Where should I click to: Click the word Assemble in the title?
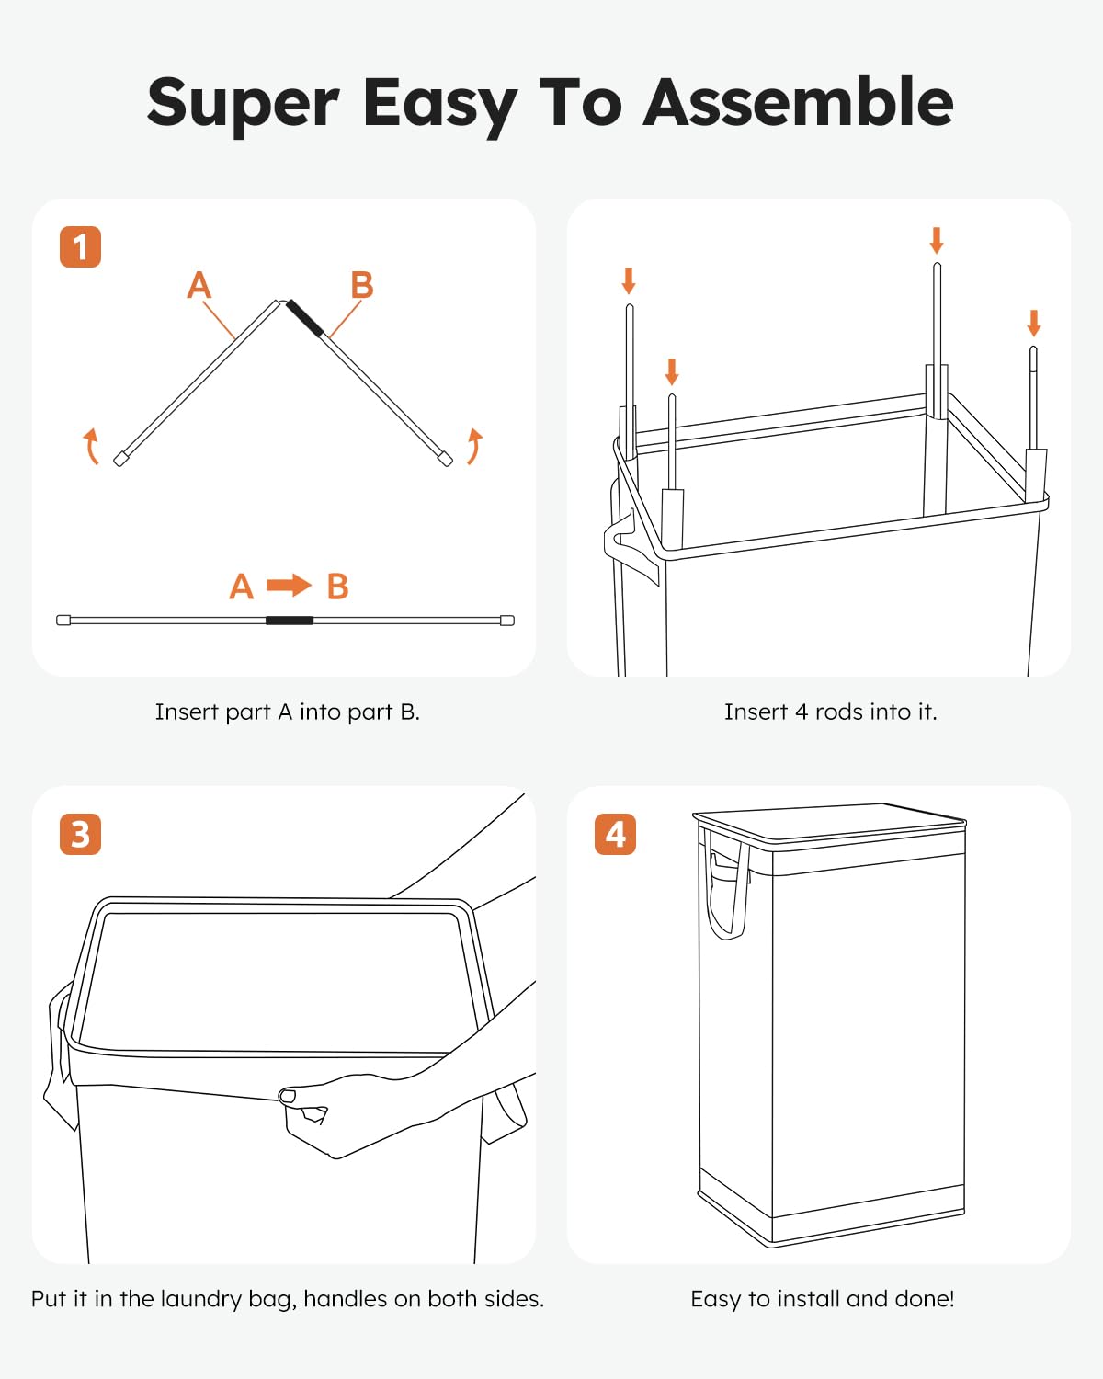(x=798, y=103)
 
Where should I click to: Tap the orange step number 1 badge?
(x=80, y=246)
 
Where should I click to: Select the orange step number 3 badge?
(x=80, y=834)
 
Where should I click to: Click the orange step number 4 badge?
(x=615, y=834)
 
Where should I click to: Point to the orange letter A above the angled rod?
(x=199, y=284)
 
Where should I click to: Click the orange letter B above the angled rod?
(x=362, y=284)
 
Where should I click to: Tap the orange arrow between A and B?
(x=289, y=585)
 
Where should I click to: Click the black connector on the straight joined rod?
(x=290, y=621)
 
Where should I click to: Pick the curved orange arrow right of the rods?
(x=474, y=446)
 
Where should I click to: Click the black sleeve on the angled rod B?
(x=306, y=318)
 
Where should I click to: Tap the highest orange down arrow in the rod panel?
(x=937, y=240)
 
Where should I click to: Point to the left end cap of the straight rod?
(x=63, y=621)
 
